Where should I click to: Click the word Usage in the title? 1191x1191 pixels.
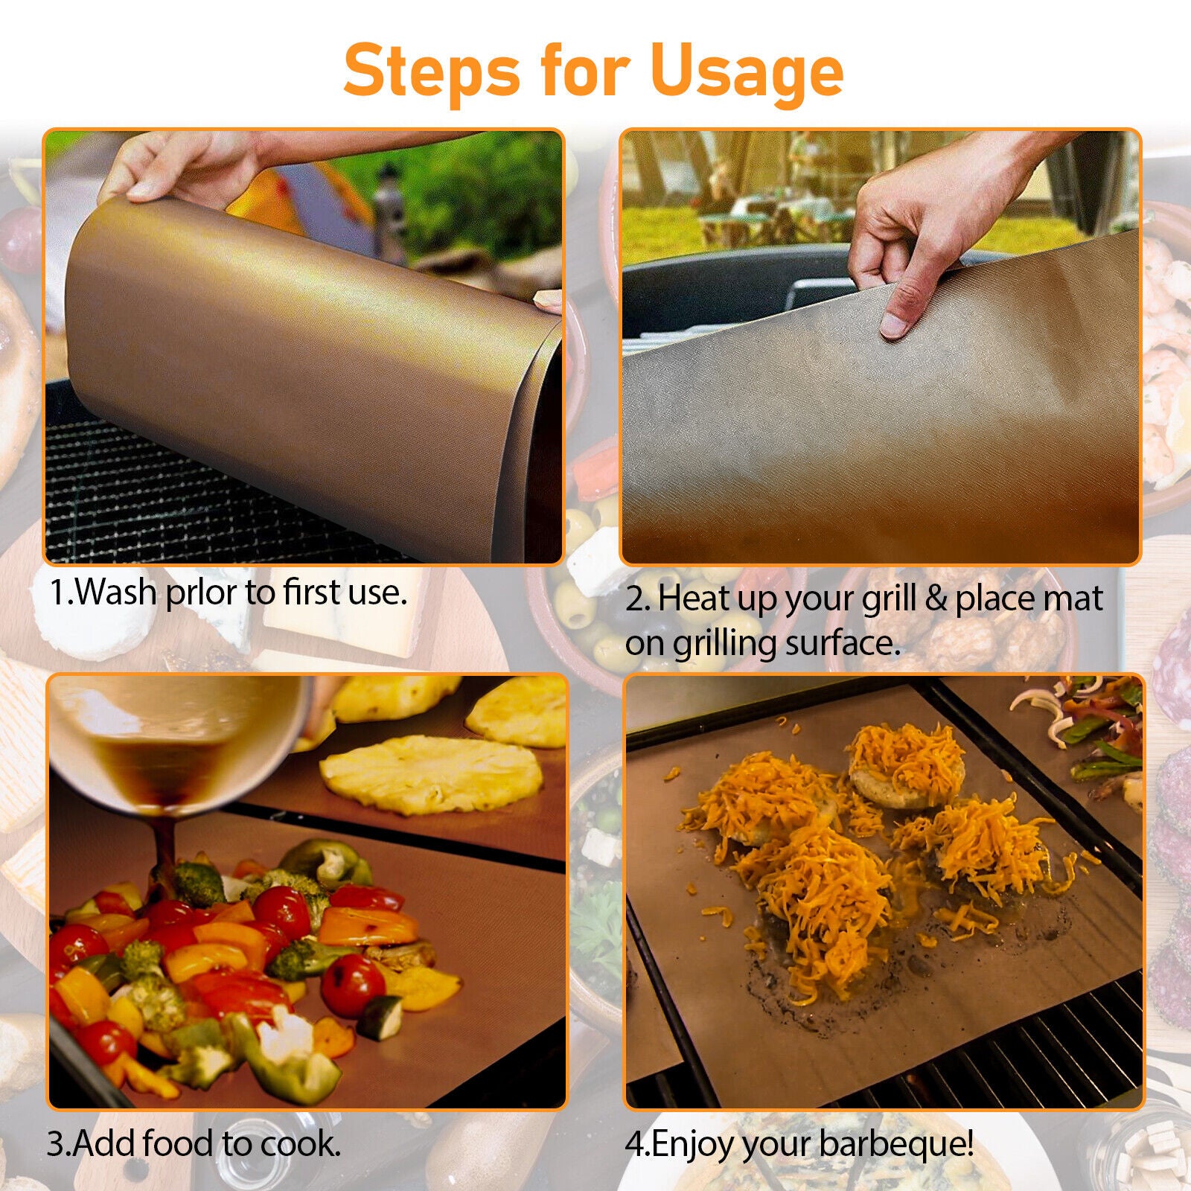click(x=747, y=71)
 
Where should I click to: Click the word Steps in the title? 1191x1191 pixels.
click(x=432, y=71)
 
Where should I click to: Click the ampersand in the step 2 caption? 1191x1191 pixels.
click(x=935, y=599)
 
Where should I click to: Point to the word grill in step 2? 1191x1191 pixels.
click(x=889, y=601)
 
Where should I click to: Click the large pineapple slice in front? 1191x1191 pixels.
click(x=432, y=774)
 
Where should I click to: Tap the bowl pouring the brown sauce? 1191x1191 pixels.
click(x=179, y=737)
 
